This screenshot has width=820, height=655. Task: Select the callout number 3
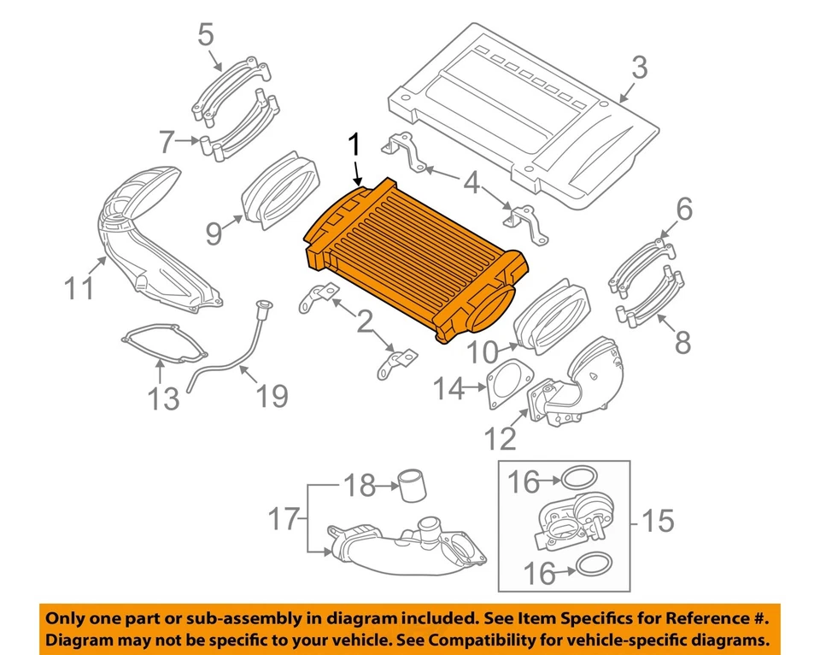click(x=639, y=66)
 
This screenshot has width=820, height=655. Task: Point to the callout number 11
click(x=80, y=288)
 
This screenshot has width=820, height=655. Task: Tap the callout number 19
click(x=272, y=395)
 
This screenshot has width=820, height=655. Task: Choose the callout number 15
click(x=658, y=521)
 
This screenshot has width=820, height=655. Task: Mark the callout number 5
click(x=206, y=35)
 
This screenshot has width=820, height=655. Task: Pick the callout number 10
click(x=484, y=351)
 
